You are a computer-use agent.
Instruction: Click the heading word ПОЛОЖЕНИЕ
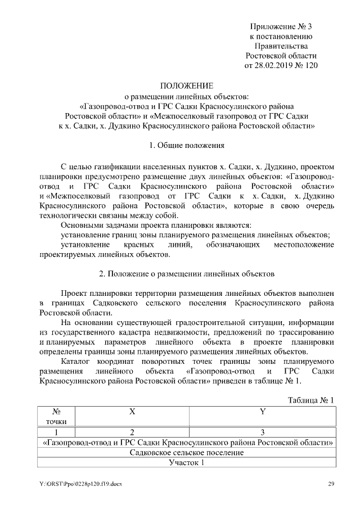pyautogui.click(x=187, y=85)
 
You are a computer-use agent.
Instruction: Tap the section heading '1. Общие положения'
pyautogui.click(x=187, y=146)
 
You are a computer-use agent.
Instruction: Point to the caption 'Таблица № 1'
pyautogui.click(x=311, y=399)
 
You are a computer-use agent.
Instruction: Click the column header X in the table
pyautogui.click(x=132, y=411)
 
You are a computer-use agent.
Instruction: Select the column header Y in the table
pyautogui.click(x=262, y=411)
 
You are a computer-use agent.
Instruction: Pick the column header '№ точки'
pyautogui.click(x=57, y=416)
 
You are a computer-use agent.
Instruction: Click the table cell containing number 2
pyautogui.click(x=132, y=432)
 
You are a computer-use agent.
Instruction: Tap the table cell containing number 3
pyautogui.click(x=262, y=432)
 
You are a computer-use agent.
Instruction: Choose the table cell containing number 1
pyautogui.click(x=57, y=432)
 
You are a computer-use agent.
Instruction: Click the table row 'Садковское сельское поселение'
pyautogui.click(x=187, y=452)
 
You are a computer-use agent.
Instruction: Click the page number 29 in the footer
pyautogui.click(x=332, y=484)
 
